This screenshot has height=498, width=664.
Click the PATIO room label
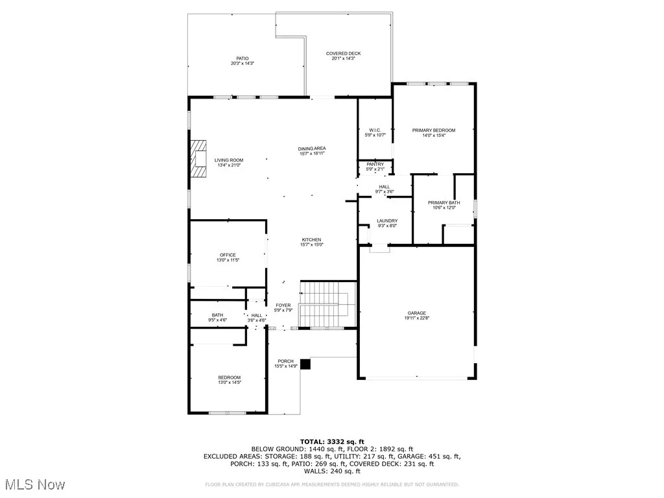(x=243, y=58)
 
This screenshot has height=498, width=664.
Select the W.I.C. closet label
(x=375, y=130)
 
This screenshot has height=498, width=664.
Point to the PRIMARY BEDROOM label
(x=434, y=130)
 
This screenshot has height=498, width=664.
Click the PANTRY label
(x=375, y=164)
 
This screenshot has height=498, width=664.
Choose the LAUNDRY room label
(x=387, y=221)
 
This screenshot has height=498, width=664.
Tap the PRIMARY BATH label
(x=444, y=203)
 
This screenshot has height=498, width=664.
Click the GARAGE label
(x=416, y=313)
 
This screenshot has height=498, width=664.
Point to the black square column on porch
(x=305, y=364)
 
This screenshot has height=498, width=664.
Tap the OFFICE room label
(x=228, y=255)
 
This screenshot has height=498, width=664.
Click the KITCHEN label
(x=311, y=240)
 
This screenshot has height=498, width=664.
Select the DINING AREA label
(x=311, y=148)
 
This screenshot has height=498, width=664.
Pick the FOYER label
(x=283, y=305)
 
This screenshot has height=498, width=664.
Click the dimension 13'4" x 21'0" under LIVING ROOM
(x=229, y=165)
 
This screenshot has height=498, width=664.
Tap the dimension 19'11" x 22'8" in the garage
(x=416, y=318)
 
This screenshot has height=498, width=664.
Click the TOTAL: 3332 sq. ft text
(x=331, y=442)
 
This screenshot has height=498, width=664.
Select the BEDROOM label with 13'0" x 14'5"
(x=229, y=377)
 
